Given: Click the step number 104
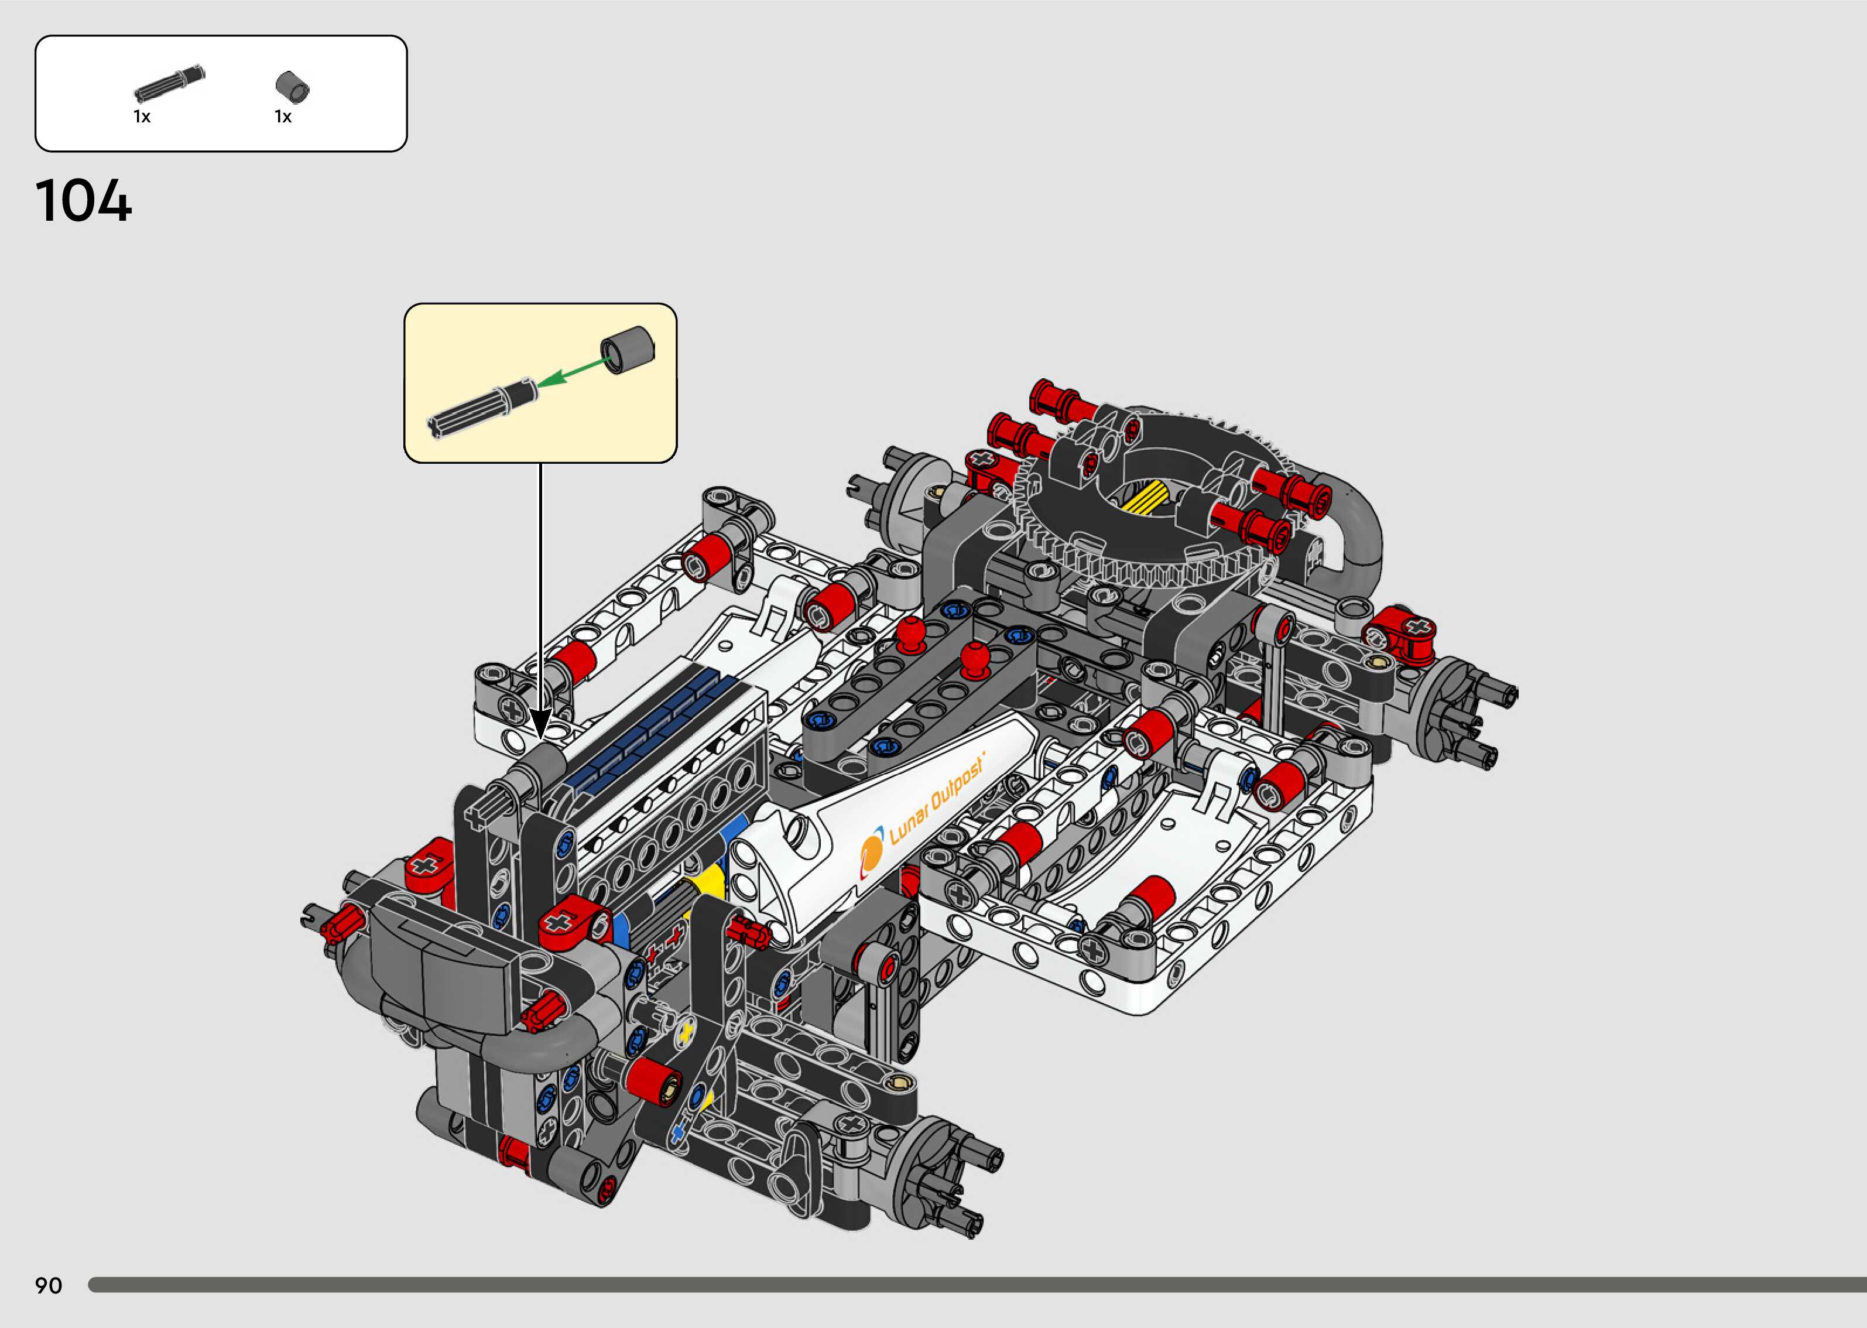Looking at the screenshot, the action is point(83,201).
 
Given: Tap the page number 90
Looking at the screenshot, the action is point(48,1285).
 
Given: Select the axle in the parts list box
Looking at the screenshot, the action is point(169,83).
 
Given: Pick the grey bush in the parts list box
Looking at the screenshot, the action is point(293,87).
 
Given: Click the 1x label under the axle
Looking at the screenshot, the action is point(142,117).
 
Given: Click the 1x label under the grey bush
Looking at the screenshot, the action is point(283,117).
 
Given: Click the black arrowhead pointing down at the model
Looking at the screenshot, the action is point(540,723).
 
